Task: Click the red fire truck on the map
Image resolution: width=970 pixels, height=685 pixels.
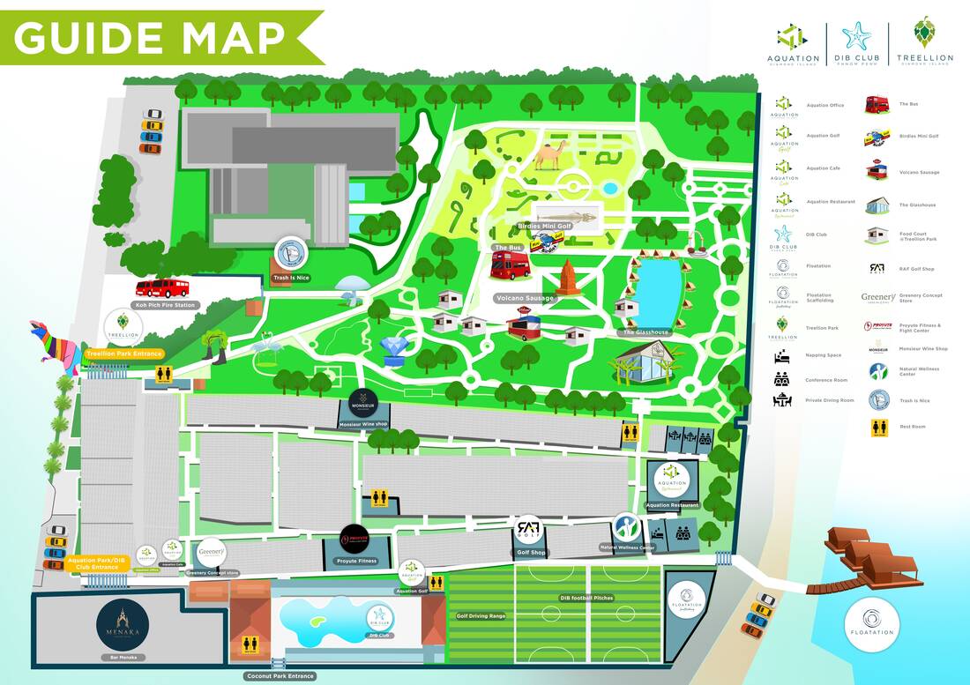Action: (x=162, y=287)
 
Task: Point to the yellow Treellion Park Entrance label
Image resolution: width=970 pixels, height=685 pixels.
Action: (x=124, y=354)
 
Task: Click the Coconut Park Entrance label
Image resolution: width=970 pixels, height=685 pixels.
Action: (x=280, y=676)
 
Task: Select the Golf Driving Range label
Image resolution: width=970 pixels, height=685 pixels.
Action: (x=481, y=615)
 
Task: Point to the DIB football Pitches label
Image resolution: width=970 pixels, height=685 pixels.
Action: (x=586, y=598)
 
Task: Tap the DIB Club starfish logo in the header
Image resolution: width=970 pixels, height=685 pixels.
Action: (x=856, y=38)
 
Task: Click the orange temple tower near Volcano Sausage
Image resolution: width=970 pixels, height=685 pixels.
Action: (x=570, y=278)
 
